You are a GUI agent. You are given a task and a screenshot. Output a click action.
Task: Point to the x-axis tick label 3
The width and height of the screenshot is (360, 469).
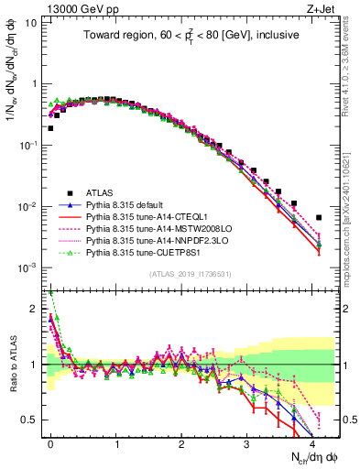coord(246,442)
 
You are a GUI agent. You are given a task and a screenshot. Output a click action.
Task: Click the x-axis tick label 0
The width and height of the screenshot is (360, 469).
coord(50,442)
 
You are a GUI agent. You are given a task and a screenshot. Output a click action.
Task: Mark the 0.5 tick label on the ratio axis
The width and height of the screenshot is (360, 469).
coord(27,420)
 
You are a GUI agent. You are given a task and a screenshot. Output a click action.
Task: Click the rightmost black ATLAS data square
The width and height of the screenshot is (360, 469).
coord(319,217)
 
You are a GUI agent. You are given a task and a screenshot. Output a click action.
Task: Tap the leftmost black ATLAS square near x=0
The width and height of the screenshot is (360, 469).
coord(50,128)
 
